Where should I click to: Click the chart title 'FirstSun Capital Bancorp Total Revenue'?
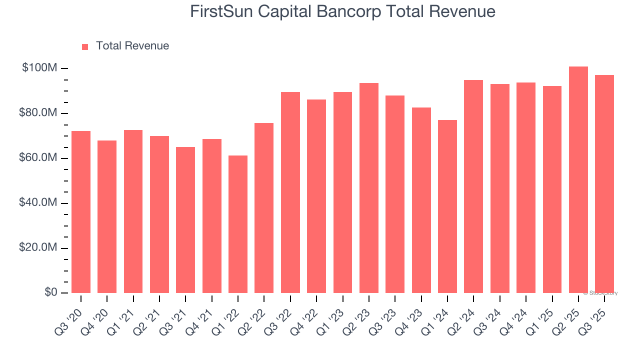point(342,11)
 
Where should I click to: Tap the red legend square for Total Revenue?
point(85,46)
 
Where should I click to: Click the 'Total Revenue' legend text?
point(132,46)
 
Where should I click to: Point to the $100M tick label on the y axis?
point(39,68)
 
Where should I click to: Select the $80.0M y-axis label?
point(38,113)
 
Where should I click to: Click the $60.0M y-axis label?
point(38,158)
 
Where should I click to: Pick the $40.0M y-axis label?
point(38,203)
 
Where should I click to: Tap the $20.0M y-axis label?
point(38,248)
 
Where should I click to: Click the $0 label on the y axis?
point(50,292)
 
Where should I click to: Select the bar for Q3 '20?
point(81,212)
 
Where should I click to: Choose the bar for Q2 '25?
point(578,180)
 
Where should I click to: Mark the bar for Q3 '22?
point(290,192)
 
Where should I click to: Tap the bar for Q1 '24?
point(447,206)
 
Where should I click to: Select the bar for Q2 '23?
point(369,188)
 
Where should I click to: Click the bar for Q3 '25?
point(604,184)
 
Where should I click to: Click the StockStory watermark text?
point(600,293)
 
